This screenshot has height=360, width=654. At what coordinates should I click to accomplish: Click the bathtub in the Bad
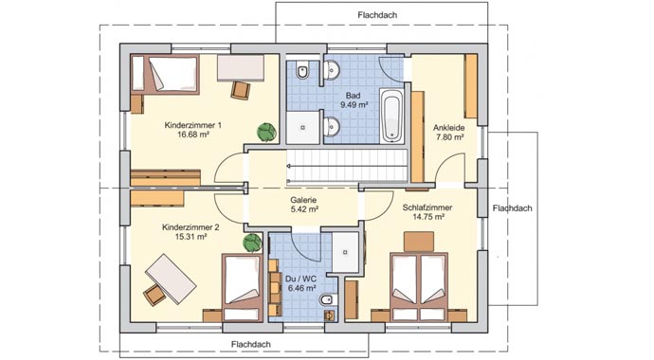[392, 116]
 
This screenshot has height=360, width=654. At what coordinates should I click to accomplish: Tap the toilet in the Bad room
[302, 71]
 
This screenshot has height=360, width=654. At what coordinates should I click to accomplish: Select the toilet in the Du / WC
[326, 299]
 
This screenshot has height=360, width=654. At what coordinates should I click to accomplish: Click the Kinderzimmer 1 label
[192, 125]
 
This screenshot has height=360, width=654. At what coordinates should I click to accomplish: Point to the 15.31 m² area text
[191, 237]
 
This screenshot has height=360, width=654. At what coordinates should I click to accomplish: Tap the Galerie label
[303, 200]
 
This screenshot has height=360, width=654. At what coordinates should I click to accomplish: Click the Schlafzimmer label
[427, 207]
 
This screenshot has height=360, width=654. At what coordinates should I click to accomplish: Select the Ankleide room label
[448, 128]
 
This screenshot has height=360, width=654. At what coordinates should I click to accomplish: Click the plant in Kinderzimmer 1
[266, 132]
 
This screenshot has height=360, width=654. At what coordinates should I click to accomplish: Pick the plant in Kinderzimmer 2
[252, 243]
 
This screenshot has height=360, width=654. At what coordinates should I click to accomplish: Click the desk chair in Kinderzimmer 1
[241, 90]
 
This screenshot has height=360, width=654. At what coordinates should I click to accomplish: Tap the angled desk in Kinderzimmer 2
[171, 279]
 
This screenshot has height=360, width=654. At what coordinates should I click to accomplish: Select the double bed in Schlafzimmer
[419, 286]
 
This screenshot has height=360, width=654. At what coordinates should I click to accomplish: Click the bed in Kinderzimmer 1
[165, 74]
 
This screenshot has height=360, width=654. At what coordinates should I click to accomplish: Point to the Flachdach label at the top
[377, 15]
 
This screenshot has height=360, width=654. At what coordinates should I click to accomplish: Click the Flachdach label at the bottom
[251, 345]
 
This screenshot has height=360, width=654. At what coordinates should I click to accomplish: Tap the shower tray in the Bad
[302, 128]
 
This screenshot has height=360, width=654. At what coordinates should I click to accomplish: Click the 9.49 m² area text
[354, 105]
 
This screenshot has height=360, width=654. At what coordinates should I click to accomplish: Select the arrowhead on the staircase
[289, 166]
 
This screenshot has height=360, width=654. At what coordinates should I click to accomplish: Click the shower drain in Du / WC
[345, 252]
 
